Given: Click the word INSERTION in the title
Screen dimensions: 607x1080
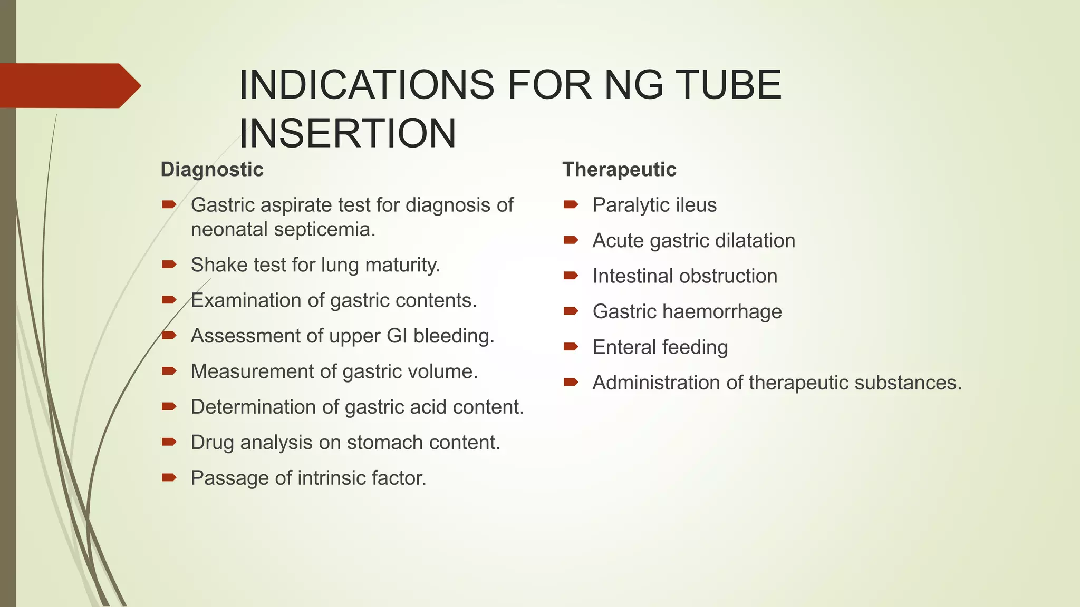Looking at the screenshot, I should [x=348, y=133].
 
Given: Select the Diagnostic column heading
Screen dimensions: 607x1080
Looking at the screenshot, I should [x=212, y=170].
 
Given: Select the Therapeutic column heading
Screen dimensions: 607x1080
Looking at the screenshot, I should [x=619, y=170].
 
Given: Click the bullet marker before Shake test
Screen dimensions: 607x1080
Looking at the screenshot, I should [x=169, y=265].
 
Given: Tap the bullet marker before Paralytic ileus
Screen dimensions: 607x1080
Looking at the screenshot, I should [x=571, y=204].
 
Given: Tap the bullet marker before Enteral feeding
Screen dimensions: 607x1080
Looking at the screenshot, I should [x=571, y=347].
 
